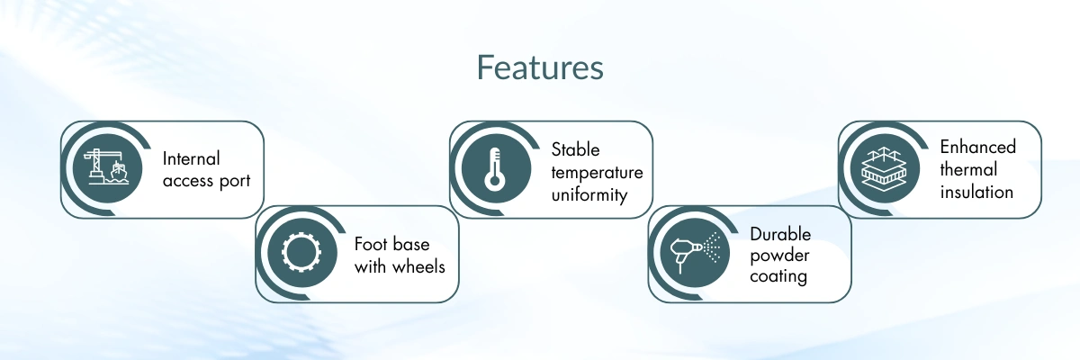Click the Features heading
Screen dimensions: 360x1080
tap(540, 67)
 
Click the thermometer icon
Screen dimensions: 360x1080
tap(493, 169)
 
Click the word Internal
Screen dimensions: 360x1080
tap(191, 158)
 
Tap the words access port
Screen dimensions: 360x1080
tap(206, 180)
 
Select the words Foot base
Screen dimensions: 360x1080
tap(391, 244)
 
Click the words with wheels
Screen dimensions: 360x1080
tap(400, 266)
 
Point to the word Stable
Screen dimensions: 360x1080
tap(575, 149)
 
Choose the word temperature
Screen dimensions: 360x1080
tap(598, 172)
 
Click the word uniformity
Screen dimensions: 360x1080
tap(589, 193)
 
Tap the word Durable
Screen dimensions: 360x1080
tap(780, 234)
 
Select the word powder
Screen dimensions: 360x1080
tap(778, 256)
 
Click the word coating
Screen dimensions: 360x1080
tap(778, 276)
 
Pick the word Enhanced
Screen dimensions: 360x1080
tap(977, 147)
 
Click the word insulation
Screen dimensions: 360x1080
tap(976, 192)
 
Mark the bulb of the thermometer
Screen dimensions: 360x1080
tap(493, 181)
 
